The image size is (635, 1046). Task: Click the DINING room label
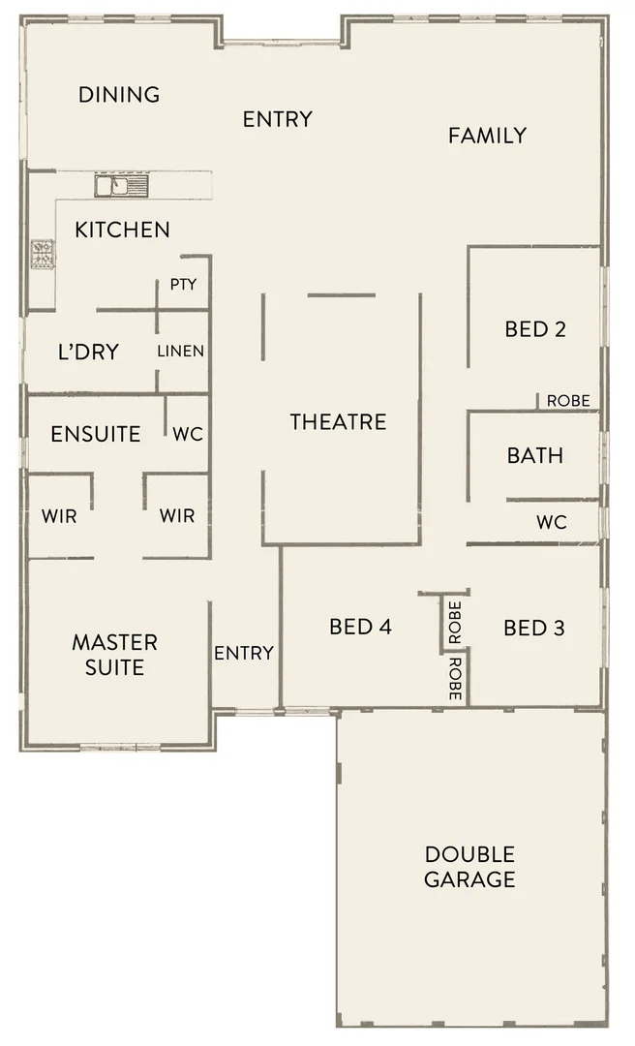[x=119, y=95]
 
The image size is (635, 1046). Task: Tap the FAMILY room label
[x=487, y=136]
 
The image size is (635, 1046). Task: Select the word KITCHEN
[x=123, y=230]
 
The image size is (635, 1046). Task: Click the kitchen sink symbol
[x=121, y=185]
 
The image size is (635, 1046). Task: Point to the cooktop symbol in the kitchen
[x=43, y=255]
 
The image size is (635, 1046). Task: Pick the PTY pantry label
[x=183, y=285]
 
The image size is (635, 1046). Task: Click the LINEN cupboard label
[x=181, y=351]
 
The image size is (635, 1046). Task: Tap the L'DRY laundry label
[x=88, y=352]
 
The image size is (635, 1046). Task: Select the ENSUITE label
[x=96, y=434]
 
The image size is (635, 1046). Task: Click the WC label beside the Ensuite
[x=188, y=434]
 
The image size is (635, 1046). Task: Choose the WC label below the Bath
[x=552, y=523]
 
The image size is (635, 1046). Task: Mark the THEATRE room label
[x=339, y=421]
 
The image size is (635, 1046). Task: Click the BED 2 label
[x=535, y=329]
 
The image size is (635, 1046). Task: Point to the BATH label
[x=535, y=455]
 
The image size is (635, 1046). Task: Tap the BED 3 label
[x=533, y=629]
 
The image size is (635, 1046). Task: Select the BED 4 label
[x=360, y=628]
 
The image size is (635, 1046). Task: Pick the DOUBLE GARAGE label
[x=469, y=867]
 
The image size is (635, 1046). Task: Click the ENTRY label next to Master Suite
[x=244, y=653]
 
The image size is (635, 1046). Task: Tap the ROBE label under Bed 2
[x=568, y=401]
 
